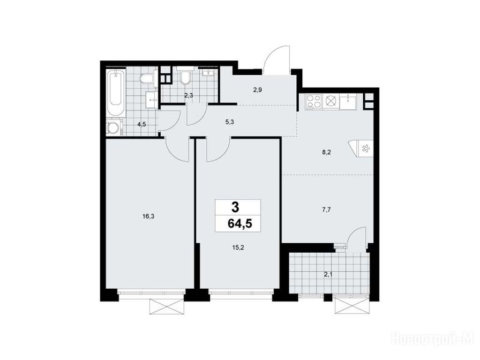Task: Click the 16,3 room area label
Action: tap(148, 217)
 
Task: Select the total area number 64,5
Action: tap(240, 224)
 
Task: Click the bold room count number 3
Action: tap(235, 208)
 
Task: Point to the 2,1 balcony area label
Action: tap(328, 275)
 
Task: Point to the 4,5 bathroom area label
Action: tap(142, 124)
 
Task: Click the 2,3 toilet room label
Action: tap(188, 95)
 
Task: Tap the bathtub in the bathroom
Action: tap(115, 93)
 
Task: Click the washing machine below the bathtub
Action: tap(114, 127)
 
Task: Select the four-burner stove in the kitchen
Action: tap(314, 102)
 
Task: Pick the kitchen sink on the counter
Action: tap(348, 101)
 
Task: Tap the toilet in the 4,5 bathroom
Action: tap(147, 79)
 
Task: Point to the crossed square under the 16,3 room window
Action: tap(167, 307)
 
